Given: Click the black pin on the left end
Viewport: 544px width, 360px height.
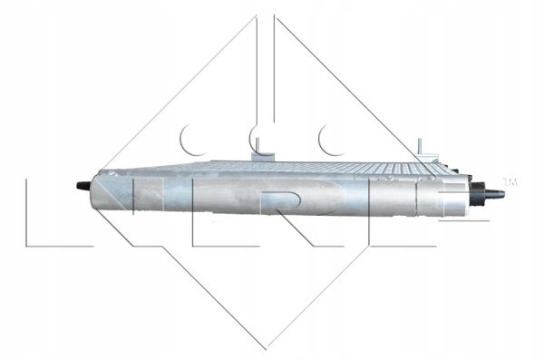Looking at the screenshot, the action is coord(83,186).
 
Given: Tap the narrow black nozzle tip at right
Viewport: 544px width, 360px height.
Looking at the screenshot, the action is coord(495,194).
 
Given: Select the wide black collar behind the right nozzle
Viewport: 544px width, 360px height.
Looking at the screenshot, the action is coord(478,194).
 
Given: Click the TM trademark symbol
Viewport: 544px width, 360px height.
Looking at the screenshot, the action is coord(510,181).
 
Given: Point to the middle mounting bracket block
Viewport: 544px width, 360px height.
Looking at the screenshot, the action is coord(263,157).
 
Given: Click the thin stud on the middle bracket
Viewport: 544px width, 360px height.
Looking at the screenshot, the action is coord(257,145).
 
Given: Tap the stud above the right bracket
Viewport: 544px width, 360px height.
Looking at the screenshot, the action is coord(420,145).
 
